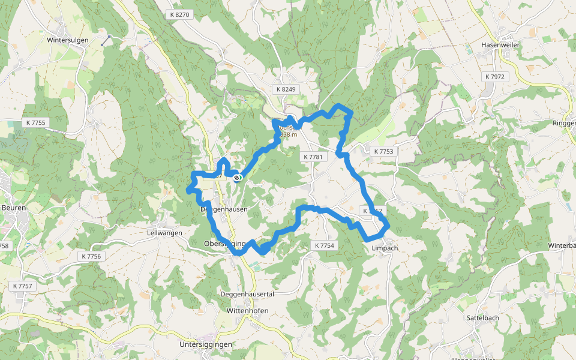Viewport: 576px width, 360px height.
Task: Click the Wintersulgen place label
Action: point(68,40)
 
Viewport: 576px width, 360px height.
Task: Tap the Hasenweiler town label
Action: point(500,44)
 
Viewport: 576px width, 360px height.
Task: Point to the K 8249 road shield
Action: point(287,89)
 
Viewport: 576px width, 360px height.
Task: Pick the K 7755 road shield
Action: point(36,122)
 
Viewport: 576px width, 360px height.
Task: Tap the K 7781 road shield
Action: point(313,157)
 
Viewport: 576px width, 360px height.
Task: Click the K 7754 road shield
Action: point(324,245)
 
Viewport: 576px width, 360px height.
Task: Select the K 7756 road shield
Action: point(92,256)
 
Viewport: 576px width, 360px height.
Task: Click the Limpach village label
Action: point(385,248)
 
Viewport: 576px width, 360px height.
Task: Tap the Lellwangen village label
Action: point(164,233)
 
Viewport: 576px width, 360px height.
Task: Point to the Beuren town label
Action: point(13,208)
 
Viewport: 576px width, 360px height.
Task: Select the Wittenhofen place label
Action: point(247,311)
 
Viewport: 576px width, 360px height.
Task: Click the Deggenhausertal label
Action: point(247,294)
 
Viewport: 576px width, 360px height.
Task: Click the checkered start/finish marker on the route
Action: point(238,177)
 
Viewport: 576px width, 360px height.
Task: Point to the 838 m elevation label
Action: point(289,134)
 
